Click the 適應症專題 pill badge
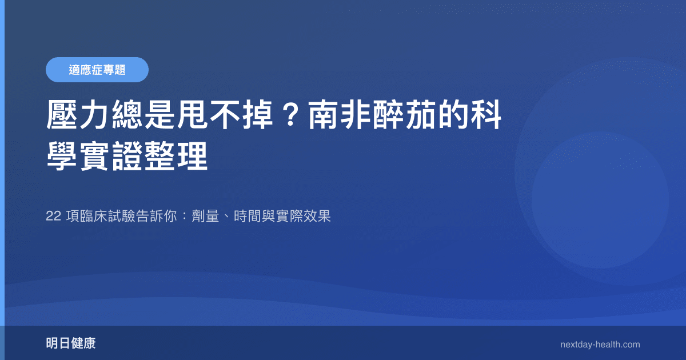point(97,70)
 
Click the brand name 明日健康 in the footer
point(71,343)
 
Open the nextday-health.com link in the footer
point(600,345)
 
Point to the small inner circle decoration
point(600,200)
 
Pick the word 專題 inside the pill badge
point(116,70)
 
